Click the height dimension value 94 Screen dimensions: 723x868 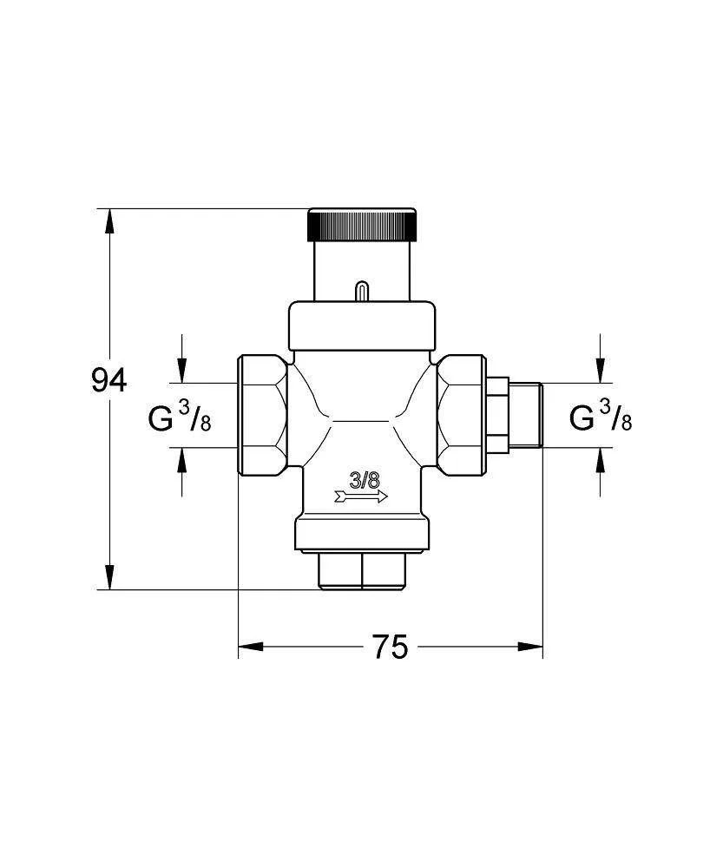109,380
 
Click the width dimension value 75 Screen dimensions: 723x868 391,647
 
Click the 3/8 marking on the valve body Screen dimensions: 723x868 365,481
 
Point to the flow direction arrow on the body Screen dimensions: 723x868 361,496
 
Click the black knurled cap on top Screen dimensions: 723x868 362,225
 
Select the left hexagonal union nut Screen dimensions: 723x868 262,415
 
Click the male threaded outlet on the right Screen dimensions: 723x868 525,415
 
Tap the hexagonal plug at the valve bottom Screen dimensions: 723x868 363,571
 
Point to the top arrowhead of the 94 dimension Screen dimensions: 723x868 110,220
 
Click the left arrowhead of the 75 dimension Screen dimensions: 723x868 250,647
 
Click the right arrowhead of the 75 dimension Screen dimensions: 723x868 530,647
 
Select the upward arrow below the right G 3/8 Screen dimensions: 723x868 601,471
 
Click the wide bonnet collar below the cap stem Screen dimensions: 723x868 362,326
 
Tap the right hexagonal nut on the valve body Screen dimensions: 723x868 461,415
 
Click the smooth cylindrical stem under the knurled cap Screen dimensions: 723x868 362,271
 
